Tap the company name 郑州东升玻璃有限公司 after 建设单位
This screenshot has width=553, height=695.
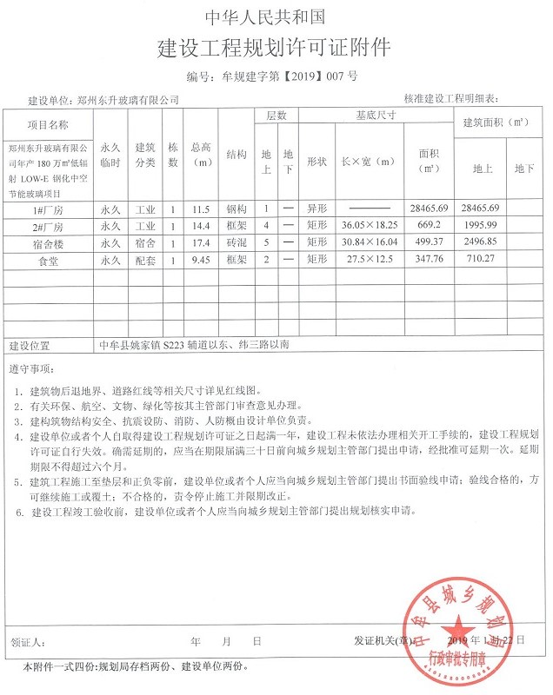128,100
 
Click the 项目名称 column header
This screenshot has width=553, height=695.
48,125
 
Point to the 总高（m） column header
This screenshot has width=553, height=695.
202,155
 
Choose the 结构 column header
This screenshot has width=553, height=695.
237,154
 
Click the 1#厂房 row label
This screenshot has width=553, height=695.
48,209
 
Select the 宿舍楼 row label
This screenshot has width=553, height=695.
48,243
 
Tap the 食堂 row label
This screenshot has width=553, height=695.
48,260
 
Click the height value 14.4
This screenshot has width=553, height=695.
202,226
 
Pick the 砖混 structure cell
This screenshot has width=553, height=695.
237,243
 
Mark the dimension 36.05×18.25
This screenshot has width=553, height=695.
366,226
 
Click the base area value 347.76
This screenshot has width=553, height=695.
431,260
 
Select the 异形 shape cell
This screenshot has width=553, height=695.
316,209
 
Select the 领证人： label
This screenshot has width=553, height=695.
27,643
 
